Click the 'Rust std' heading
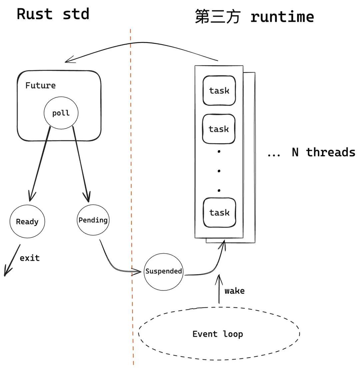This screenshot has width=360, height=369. (53, 14)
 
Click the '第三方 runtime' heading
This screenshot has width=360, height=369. (254, 16)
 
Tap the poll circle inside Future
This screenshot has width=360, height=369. (61, 113)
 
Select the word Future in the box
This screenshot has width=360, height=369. (40, 86)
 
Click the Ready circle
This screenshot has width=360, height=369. (27, 222)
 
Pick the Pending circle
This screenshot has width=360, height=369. (93, 220)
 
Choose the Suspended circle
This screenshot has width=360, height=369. (163, 271)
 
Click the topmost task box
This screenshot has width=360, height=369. (219, 91)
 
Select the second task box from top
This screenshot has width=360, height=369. (219, 129)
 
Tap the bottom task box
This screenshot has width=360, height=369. (219, 212)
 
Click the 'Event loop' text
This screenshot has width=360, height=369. (218, 334)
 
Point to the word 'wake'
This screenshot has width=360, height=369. (234, 291)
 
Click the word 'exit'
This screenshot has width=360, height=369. (30, 258)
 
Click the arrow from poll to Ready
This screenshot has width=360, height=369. (40, 163)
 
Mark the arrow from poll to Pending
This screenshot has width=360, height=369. (80, 163)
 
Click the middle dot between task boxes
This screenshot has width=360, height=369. (219, 171)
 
